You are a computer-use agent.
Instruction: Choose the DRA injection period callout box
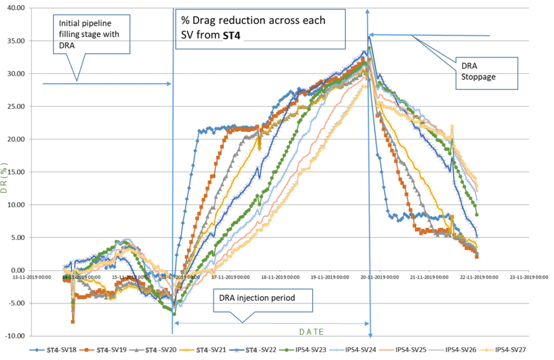263,298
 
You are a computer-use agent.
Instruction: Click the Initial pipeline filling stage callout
93,33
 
